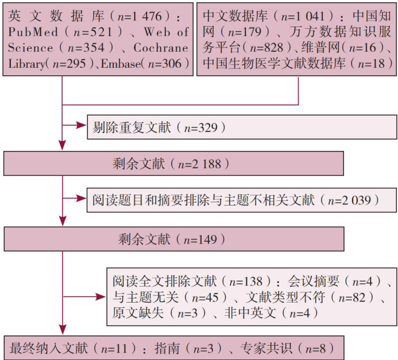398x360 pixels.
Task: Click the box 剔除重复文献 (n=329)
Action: pos(241,127)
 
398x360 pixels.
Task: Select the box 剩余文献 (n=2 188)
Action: pos(173,163)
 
